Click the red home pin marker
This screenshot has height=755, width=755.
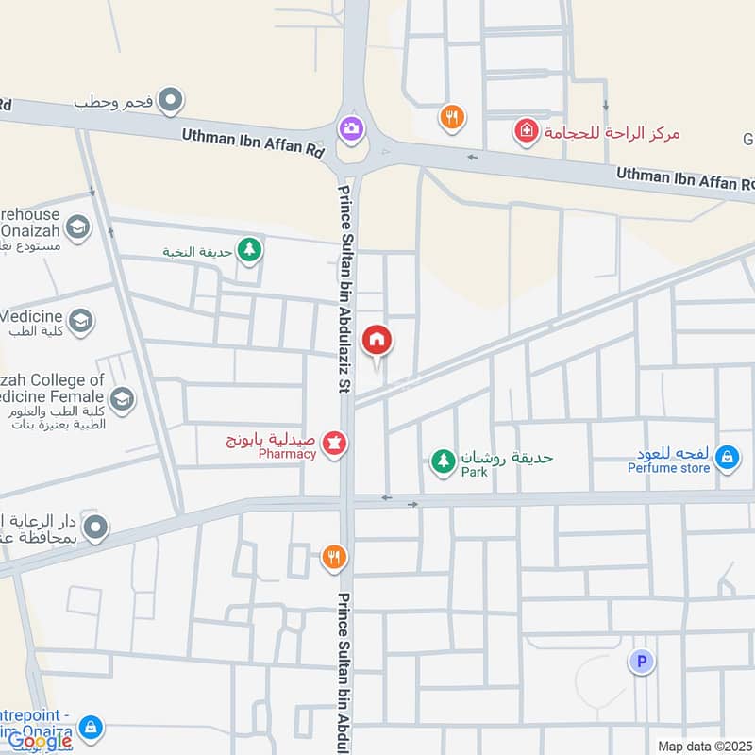pos(377,340)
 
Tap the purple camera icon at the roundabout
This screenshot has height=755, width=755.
pos(351,127)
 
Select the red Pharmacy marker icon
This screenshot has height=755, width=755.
pos(334,443)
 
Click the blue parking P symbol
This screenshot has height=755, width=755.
pos(641,663)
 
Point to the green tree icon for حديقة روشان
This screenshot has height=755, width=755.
pos(442,461)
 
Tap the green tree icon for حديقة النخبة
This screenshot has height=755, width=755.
pos(249,250)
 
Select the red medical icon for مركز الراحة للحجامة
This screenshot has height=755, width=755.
pos(525,131)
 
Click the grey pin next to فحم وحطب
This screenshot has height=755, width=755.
pos(170,97)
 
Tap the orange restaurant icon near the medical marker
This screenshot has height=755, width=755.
pos(452,117)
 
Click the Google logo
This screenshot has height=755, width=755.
pos(40,741)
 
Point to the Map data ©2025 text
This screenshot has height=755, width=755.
pos(703,746)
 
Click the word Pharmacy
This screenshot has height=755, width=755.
pos(288,454)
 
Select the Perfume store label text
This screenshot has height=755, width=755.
pos(669,466)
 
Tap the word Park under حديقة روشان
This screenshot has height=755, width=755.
pos(475,471)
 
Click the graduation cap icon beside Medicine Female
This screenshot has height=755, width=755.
pos(121,400)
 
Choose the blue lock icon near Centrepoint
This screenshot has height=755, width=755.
pos(91,727)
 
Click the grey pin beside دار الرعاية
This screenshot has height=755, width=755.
pos(94,527)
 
